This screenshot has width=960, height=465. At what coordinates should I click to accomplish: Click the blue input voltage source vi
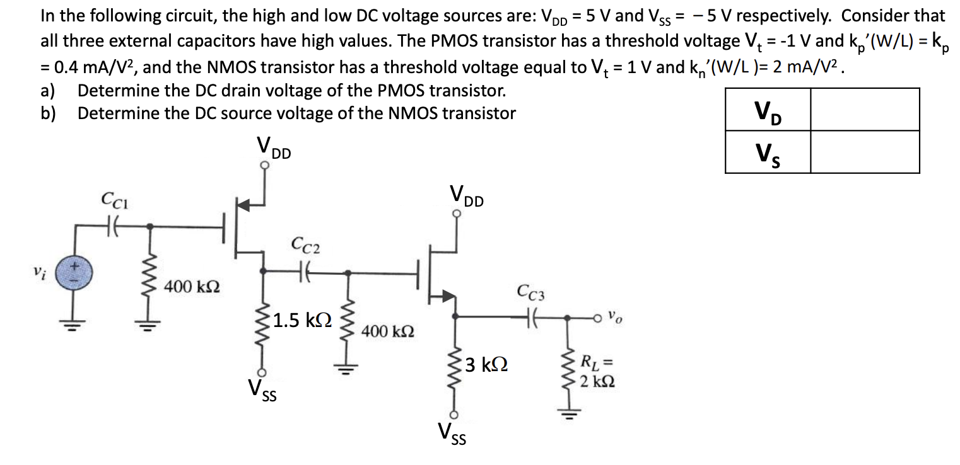(76, 275)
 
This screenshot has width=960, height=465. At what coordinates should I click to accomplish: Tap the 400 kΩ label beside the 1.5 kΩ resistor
(388, 331)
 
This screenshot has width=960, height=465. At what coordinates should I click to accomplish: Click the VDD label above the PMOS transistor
(273, 148)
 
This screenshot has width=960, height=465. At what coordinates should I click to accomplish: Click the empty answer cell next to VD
(864, 110)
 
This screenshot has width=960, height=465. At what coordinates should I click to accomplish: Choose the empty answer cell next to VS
(864, 152)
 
